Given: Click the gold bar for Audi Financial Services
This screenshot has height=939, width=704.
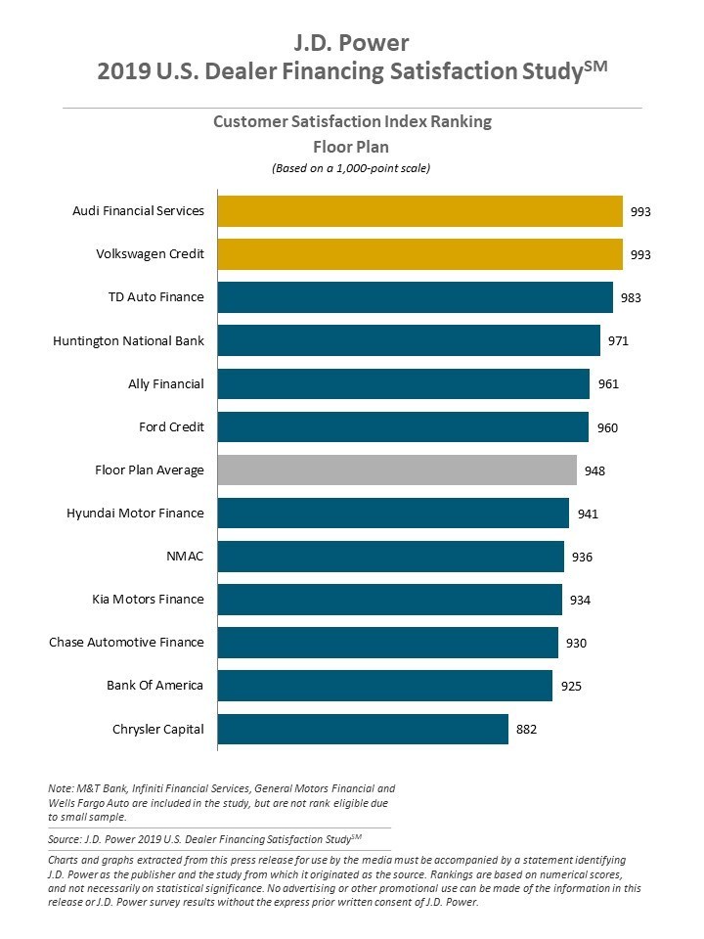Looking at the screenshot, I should click(x=419, y=211).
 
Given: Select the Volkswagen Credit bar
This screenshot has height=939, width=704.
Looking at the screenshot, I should click(x=419, y=254).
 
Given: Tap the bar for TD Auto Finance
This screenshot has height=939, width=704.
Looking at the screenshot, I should click(x=415, y=297).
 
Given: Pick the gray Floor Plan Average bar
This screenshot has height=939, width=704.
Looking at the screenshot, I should click(x=397, y=469).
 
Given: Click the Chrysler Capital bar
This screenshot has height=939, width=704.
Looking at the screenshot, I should click(x=363, y=729).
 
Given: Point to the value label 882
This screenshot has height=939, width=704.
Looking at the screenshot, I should click(x=527, y=730).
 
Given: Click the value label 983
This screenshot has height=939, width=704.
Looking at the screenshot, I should click(x=631, y=298).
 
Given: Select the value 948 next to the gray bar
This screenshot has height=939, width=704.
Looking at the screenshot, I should click(x=594, y=470).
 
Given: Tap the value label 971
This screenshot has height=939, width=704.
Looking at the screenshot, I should click(x=618, y=341).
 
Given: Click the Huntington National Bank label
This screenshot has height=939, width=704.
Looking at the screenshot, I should click(x=128, y=341).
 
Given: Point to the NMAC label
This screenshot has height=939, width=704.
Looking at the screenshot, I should click(x=185, y=557).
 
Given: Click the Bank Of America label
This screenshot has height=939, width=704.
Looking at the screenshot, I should click(x=154, y=685).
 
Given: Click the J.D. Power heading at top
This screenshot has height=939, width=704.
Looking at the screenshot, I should click(x=352, y=42).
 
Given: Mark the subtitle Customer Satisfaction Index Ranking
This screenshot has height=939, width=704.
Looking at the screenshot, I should click(x=352, y=122).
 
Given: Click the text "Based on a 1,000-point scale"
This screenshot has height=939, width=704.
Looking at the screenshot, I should click(x=351, y=168).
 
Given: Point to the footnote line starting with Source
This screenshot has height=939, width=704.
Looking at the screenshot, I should click(x=204, y=838).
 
